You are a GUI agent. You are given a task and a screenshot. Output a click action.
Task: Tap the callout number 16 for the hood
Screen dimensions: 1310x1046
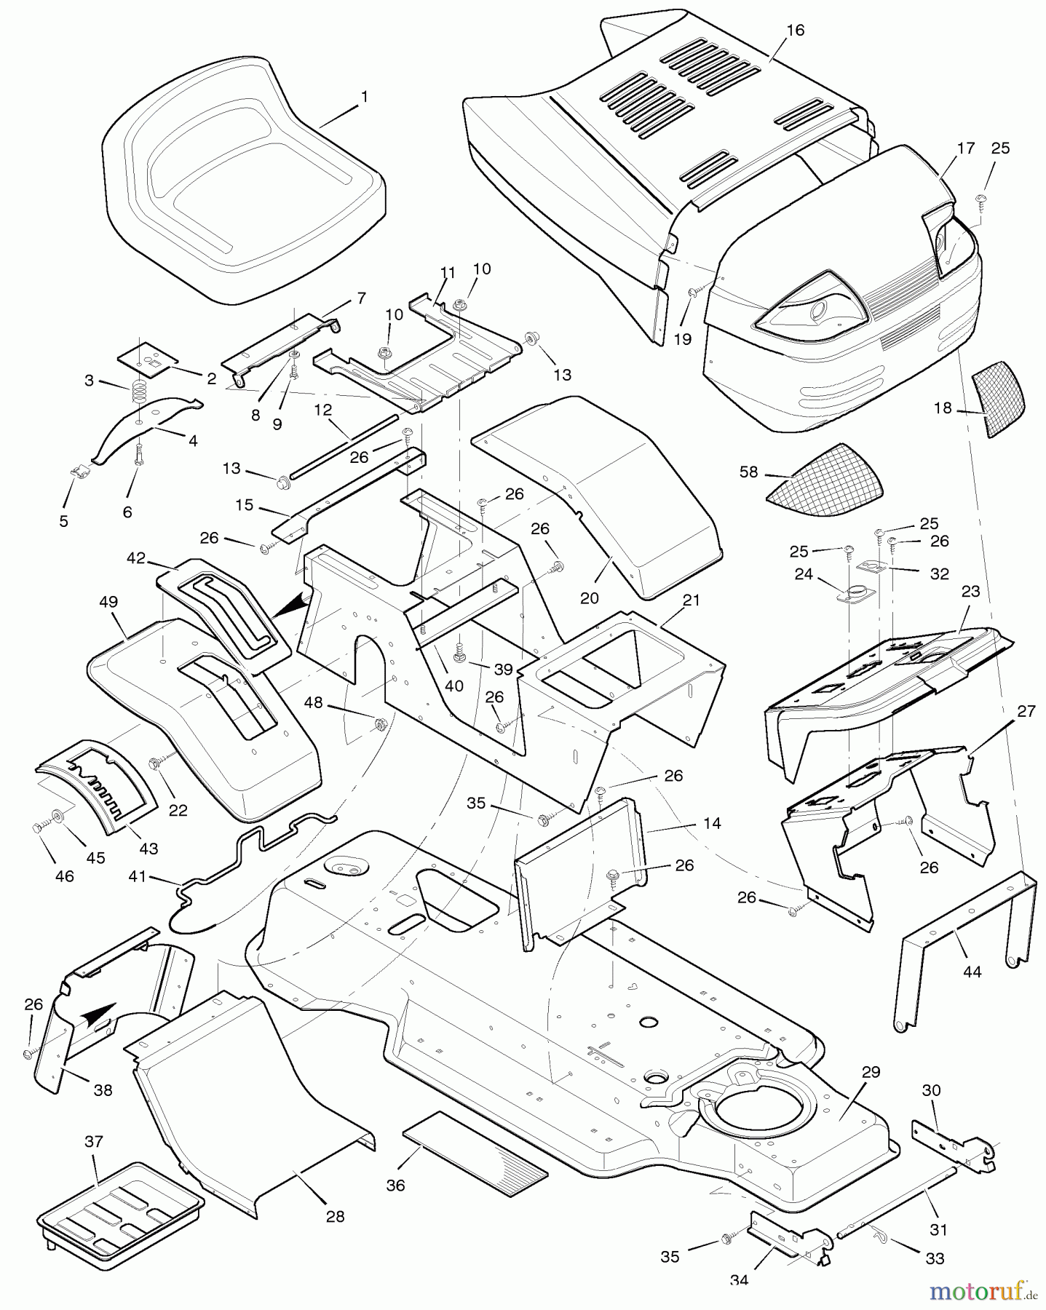point(795,31)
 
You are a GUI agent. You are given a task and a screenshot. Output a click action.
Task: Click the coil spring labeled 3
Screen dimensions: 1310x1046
point(138,394)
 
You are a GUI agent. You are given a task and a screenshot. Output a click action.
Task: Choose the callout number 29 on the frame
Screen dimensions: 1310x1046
point(871,1072)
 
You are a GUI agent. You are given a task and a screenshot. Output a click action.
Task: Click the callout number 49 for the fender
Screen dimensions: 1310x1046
point(108,603)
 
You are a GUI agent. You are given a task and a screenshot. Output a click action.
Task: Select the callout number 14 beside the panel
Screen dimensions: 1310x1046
point(712,823)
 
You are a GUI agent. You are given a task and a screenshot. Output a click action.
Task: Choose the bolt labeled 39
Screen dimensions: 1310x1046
point(460,653)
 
